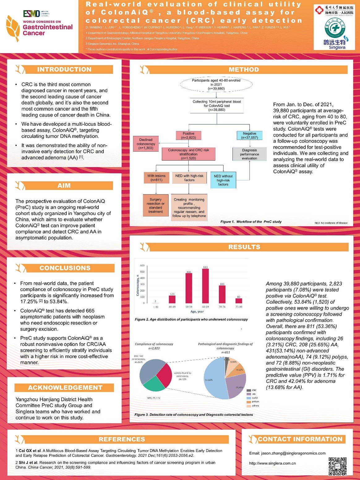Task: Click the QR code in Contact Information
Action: coord(337,466)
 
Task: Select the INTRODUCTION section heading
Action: coord(64,69)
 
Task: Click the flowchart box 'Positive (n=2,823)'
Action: coord(188,135)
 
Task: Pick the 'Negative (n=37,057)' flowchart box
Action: coord(249,135)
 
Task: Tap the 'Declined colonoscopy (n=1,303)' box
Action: coord(146,144)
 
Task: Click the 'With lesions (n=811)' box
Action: coord(156,178)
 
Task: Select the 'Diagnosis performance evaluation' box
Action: coord(249,154)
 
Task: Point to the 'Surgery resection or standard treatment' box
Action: coord(155,206)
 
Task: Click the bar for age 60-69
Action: coord(205,286)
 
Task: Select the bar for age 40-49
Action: coord(172,299)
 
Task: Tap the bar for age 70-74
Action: coord(222,294)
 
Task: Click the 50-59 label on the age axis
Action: coord(189,307)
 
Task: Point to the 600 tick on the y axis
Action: coord(142,265)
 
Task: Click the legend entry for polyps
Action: coord(255,401)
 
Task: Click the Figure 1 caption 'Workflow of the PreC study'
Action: coord(251,222)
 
